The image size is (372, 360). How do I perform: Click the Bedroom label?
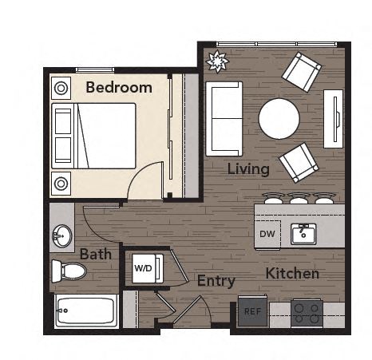coord(118,87)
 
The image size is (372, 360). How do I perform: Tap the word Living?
coord(247,169)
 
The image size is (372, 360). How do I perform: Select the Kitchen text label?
coord(292,274)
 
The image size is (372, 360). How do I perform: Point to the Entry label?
coord(216,281)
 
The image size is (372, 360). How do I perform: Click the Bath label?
coord(95,255)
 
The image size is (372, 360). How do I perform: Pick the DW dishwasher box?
coord(267,234)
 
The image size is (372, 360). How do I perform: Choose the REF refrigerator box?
coord(252,311)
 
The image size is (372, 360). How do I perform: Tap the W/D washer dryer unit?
coord(144,267)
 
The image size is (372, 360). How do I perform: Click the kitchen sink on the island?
coord(303,234)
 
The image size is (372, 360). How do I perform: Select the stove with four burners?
coord(306,312)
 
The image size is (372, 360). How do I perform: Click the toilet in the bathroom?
coord(69,270)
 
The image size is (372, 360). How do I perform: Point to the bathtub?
coord(86,311)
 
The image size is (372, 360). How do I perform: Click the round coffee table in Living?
coord(279,118)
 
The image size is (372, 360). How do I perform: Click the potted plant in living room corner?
coord(216,61)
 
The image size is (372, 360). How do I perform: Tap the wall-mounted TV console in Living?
coord(333,118)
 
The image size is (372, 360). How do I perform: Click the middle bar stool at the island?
coord(299,198)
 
